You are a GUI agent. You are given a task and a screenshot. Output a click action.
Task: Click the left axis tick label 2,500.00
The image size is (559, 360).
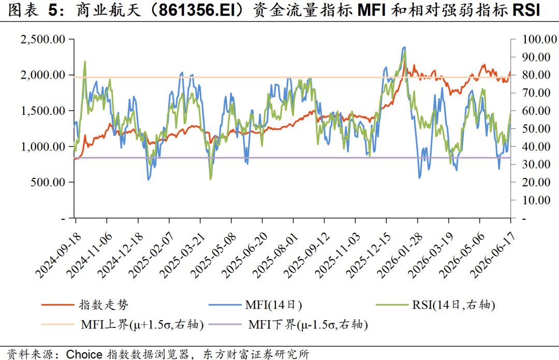(43, 39)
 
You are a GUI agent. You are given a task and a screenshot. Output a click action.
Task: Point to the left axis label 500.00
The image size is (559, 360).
(48, 182)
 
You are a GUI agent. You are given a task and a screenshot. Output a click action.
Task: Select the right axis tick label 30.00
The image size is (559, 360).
(537, 164)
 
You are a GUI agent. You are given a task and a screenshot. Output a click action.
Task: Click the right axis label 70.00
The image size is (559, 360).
(537, 93)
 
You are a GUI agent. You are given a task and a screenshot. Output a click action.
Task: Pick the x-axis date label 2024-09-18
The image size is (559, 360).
(58, 256)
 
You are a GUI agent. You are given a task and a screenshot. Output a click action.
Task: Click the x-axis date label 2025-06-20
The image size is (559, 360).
(244, 256)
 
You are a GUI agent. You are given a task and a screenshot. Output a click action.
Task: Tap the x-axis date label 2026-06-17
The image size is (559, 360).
(493, 256)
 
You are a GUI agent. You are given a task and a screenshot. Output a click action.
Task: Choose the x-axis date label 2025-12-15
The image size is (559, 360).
(369, 256)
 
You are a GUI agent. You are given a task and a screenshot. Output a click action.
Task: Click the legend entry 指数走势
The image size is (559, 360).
(85, 305)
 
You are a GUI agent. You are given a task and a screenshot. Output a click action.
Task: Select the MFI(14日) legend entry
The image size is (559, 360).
(255, 305)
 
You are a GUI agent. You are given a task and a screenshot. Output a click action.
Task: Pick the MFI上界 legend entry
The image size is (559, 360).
(122, 324)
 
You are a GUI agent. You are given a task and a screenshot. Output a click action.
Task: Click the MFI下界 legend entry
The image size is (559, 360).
(288, 324)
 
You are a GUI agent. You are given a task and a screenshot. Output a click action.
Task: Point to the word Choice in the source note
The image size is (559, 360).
(84, 354)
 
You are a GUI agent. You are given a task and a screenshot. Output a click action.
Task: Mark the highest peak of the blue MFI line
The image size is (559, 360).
(404, 47)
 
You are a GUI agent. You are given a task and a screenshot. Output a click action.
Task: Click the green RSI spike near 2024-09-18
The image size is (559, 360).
(85, 62)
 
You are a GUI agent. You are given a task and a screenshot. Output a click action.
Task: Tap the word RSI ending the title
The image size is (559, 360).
(526, 10)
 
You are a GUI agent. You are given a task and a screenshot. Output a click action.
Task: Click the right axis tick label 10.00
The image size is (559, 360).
(537, 200)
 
